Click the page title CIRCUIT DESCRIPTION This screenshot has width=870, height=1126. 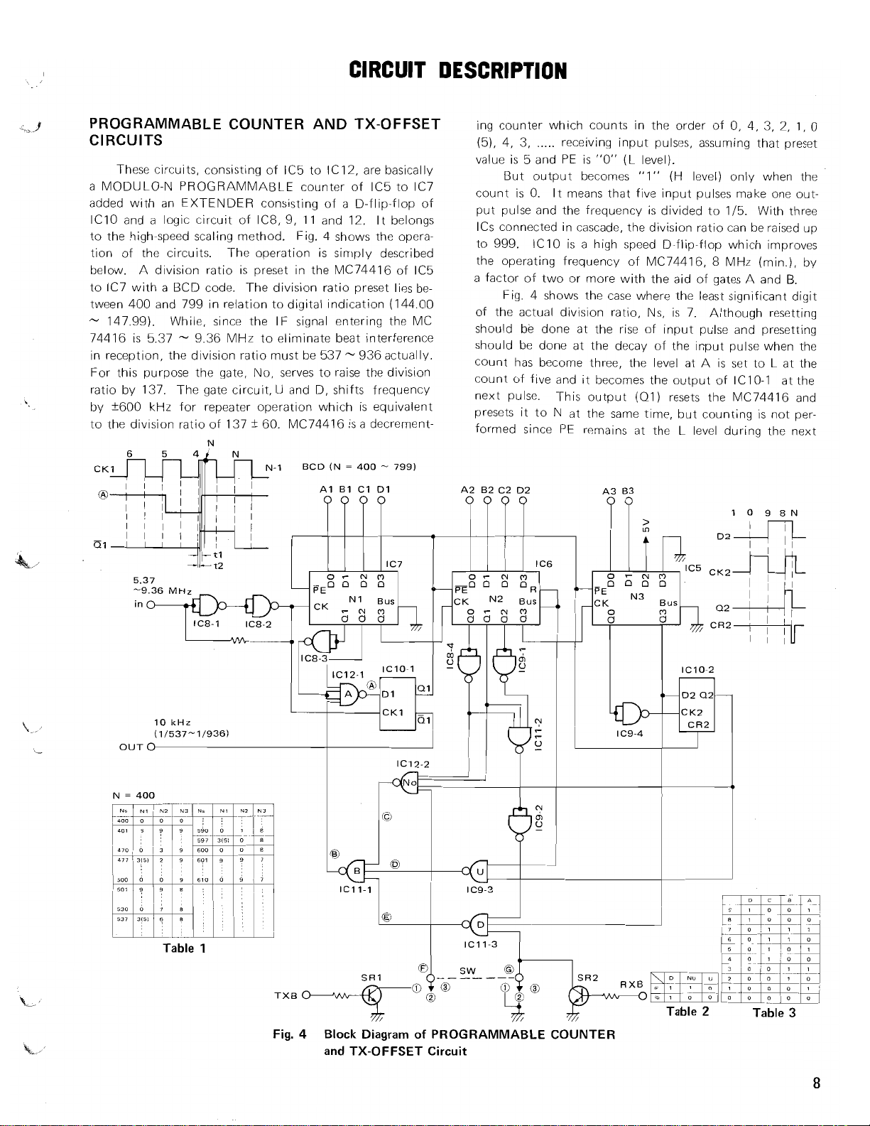(458, 70)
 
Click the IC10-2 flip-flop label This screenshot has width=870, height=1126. (697, 670)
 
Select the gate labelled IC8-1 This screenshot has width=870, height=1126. (206, 624)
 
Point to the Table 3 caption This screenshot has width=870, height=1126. (775, 1012)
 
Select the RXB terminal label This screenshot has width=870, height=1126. (631, 984)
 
